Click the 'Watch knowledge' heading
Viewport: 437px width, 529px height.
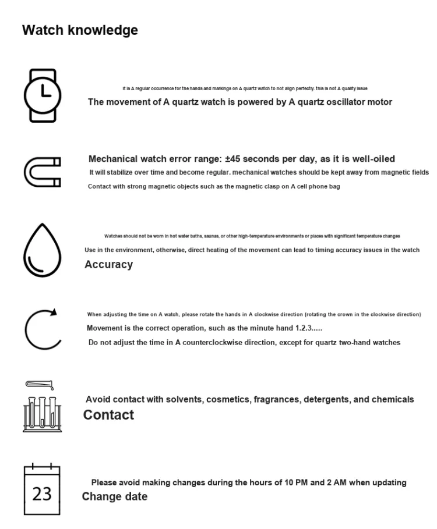[x=80, y=30]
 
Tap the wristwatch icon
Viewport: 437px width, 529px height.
[x=42, y=95]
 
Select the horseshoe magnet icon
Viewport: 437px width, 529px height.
[x=42, y=172]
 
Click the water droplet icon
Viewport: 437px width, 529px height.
[x=42, y=251]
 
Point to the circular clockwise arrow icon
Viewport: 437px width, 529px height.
[x=42, y=329]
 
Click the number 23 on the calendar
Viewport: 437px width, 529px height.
[x=42, y=494]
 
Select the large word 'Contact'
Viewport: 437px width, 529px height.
[x=108, y=415]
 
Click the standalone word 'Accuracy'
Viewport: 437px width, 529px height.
[x=108, y=265]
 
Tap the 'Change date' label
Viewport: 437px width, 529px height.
[x=114, y=497]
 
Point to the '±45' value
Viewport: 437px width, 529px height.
[x=232, y=159]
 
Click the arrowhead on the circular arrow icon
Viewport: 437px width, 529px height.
[x=54, y=312]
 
